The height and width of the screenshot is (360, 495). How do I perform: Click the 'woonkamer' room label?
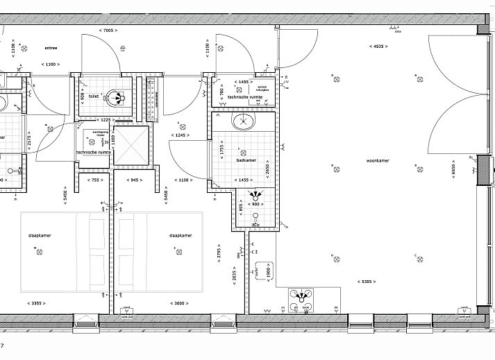tap(378, 160)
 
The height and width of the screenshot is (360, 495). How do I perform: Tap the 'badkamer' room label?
tap(246, 159)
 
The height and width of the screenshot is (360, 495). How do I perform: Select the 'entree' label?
tap(51, 48)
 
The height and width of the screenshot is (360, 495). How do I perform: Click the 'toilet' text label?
tap(93, 97)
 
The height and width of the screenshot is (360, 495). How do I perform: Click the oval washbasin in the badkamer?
tap(244, 123)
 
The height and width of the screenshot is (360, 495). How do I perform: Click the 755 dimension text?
tap(94, 180)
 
